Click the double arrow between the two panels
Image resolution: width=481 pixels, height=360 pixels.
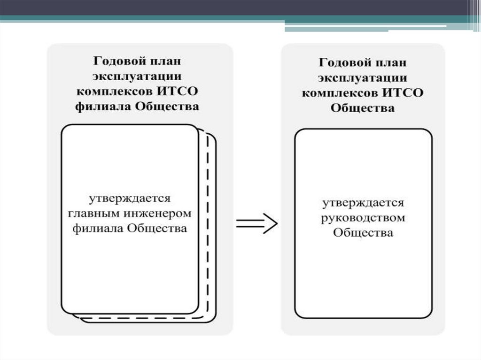[x=256, y=223]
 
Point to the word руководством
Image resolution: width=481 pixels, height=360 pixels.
[x=363, y=218]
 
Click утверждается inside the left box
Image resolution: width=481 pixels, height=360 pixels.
[x=131, y=198]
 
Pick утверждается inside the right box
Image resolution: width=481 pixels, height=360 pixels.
[x=363, y=203]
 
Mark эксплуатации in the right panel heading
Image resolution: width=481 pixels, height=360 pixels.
[x=363, y=77]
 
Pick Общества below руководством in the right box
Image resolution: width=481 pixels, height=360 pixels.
[x=363, y=233]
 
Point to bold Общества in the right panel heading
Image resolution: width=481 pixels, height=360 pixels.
[x=363, y=107]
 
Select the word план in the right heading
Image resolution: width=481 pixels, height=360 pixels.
[x=388, y=62]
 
